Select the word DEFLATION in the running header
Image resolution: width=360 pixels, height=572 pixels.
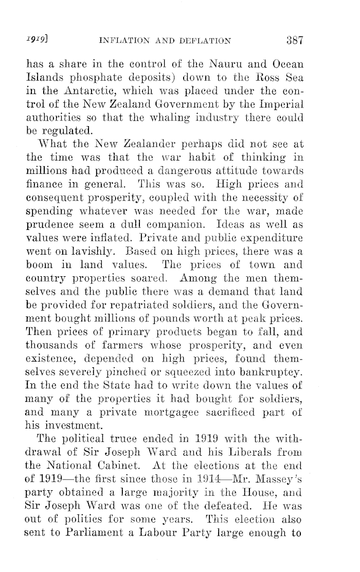coord(205,41)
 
